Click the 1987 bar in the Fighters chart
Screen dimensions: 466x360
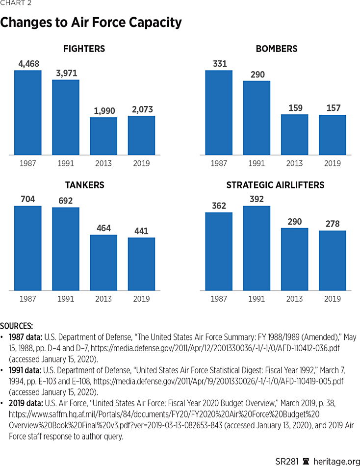pyautogui.click(x=27, y=113)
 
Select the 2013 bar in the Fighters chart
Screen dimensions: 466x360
pyautogui.click(x=103, y=136)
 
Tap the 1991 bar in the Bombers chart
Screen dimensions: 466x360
pyautogui.click(x=257, y=118)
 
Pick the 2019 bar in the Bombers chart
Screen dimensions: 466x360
pyautogui.click(x=333, y=135)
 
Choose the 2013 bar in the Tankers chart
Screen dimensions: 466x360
pyautogui.click(x=103, y=262)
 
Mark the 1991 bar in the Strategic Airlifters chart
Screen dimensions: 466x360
pyautogui.click(x=257, y=248)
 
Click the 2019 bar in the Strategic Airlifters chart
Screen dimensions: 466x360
pyautogui.click(x=333, y=260)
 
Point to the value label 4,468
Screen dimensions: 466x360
pyautogui.click(x=27, y=63)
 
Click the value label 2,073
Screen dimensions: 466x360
pyautogui.click(x=141, y=109)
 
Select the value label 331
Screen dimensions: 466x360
pyautogui.click(x=219, y=63)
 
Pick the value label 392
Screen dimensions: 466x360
pyautogui.click(x=257, y=199)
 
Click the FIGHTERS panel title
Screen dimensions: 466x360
pyautogui.click(x=84, y=49)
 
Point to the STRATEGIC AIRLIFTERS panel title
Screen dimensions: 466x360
pyautogui.click(x=275, y=185)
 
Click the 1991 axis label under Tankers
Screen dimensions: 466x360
pyautogui.click(x=65, y=299)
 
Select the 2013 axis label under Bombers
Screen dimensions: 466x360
pyautogui.click(x=294, y=163)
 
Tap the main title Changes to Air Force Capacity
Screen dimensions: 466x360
pyautogui.click(x=91, y=23)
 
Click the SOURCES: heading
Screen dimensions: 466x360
pyautogui.click(x=17, y=326)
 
